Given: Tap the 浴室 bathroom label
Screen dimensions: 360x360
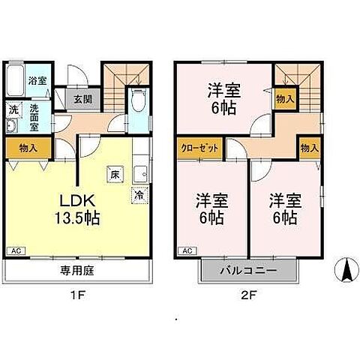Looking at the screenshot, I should (x=35, y=79).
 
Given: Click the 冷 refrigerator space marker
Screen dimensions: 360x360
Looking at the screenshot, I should (x=139, y=193).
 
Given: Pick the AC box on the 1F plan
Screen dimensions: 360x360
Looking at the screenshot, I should (x=15, y=250).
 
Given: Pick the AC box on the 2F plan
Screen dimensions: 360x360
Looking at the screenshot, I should (x=187, y=250).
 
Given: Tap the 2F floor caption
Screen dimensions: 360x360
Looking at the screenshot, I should (x=249, y=295).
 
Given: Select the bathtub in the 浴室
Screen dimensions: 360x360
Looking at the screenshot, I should (x=16, y=80).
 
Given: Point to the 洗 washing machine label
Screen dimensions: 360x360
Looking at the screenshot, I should (x=13, y=109).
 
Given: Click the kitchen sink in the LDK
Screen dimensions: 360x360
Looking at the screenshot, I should (x=139, y=174).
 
